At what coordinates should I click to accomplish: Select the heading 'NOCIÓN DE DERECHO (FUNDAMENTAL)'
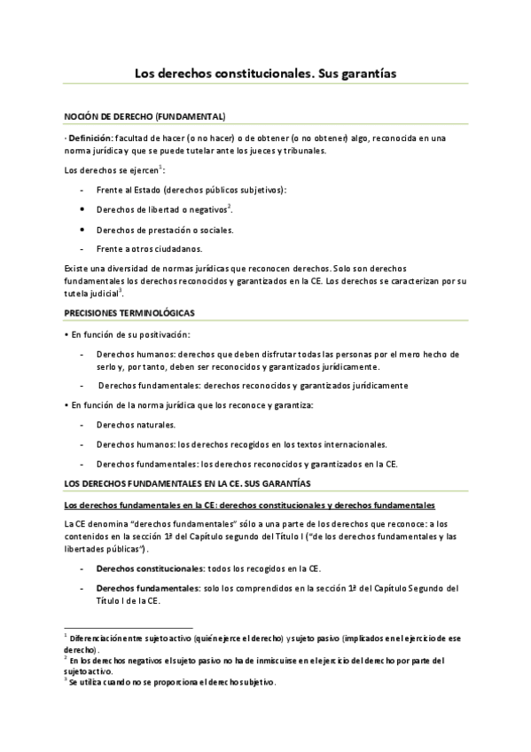coord(144,117)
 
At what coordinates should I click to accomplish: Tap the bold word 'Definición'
coord(91,137)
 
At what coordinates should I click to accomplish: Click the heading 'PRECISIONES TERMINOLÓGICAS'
coord(129,313)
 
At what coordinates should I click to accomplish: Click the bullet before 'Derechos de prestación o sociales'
coord(82,230)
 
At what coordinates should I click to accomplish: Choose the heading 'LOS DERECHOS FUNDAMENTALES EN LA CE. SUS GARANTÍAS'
coord(188,483)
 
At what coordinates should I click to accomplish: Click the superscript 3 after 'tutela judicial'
coord(121,290)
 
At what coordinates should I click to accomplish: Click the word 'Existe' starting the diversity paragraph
coord(78,267)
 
